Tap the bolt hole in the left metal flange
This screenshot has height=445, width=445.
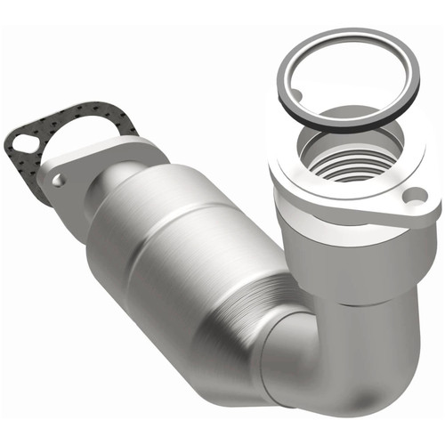(x=58, y=180)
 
